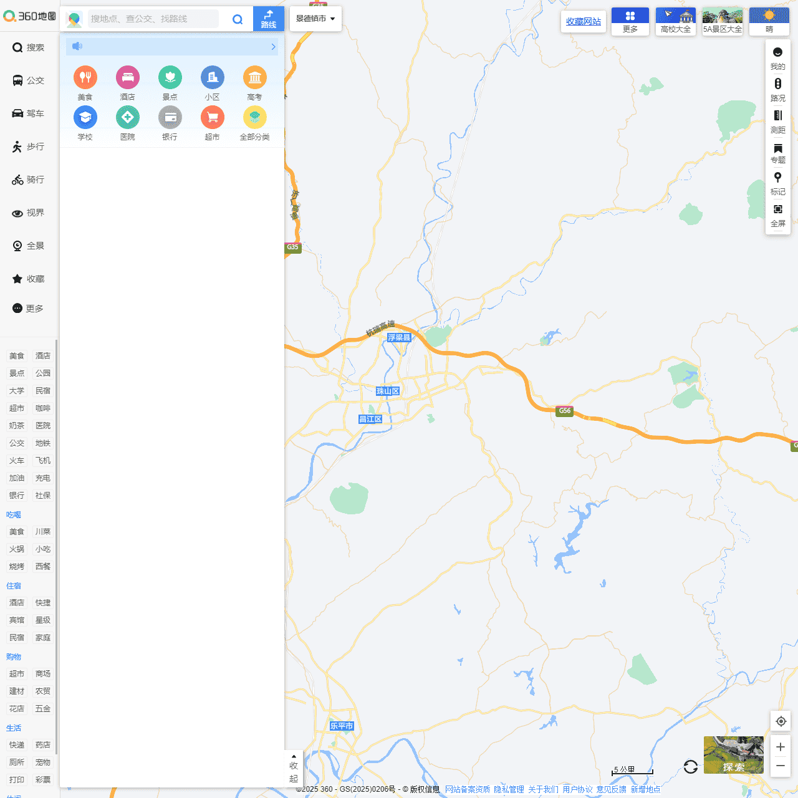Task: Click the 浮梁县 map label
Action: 399,337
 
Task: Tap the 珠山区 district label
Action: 387,391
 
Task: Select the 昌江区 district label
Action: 370,419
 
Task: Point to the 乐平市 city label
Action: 342,726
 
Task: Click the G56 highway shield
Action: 564,410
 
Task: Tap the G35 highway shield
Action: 292,247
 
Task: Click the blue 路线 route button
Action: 269,19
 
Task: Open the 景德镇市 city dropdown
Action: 315,19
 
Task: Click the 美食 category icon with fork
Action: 85,77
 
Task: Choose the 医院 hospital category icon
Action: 128,117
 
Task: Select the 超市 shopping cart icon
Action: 213,117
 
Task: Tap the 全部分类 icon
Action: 254,117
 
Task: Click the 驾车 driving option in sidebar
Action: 29,113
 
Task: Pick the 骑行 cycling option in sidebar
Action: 29,180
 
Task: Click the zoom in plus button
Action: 781,747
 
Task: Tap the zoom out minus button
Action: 781,766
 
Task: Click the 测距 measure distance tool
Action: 778,121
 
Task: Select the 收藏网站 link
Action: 584,21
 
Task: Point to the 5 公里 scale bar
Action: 632,771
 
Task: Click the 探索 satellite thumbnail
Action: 734,755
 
